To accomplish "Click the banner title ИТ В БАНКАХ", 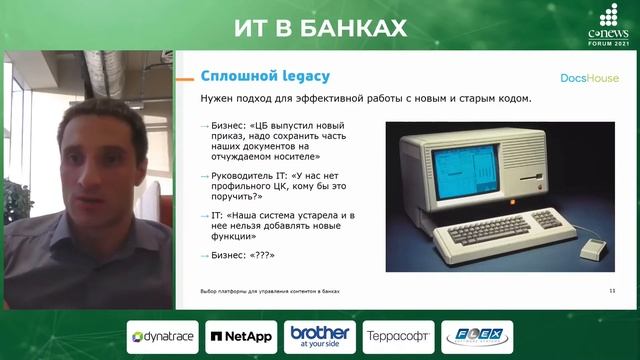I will click(320, 26).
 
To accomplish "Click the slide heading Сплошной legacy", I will click(265, 76).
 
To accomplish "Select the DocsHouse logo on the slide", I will click(589, 77).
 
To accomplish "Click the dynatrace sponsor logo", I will click(162, 337).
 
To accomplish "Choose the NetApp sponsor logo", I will click(241, 337).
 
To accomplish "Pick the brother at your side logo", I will click(320, 336).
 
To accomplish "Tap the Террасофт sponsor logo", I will click(398, 337).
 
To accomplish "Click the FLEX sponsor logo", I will click(477, 337).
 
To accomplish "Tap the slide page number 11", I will click(611, 290).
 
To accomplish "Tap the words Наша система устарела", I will click(270, 216).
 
